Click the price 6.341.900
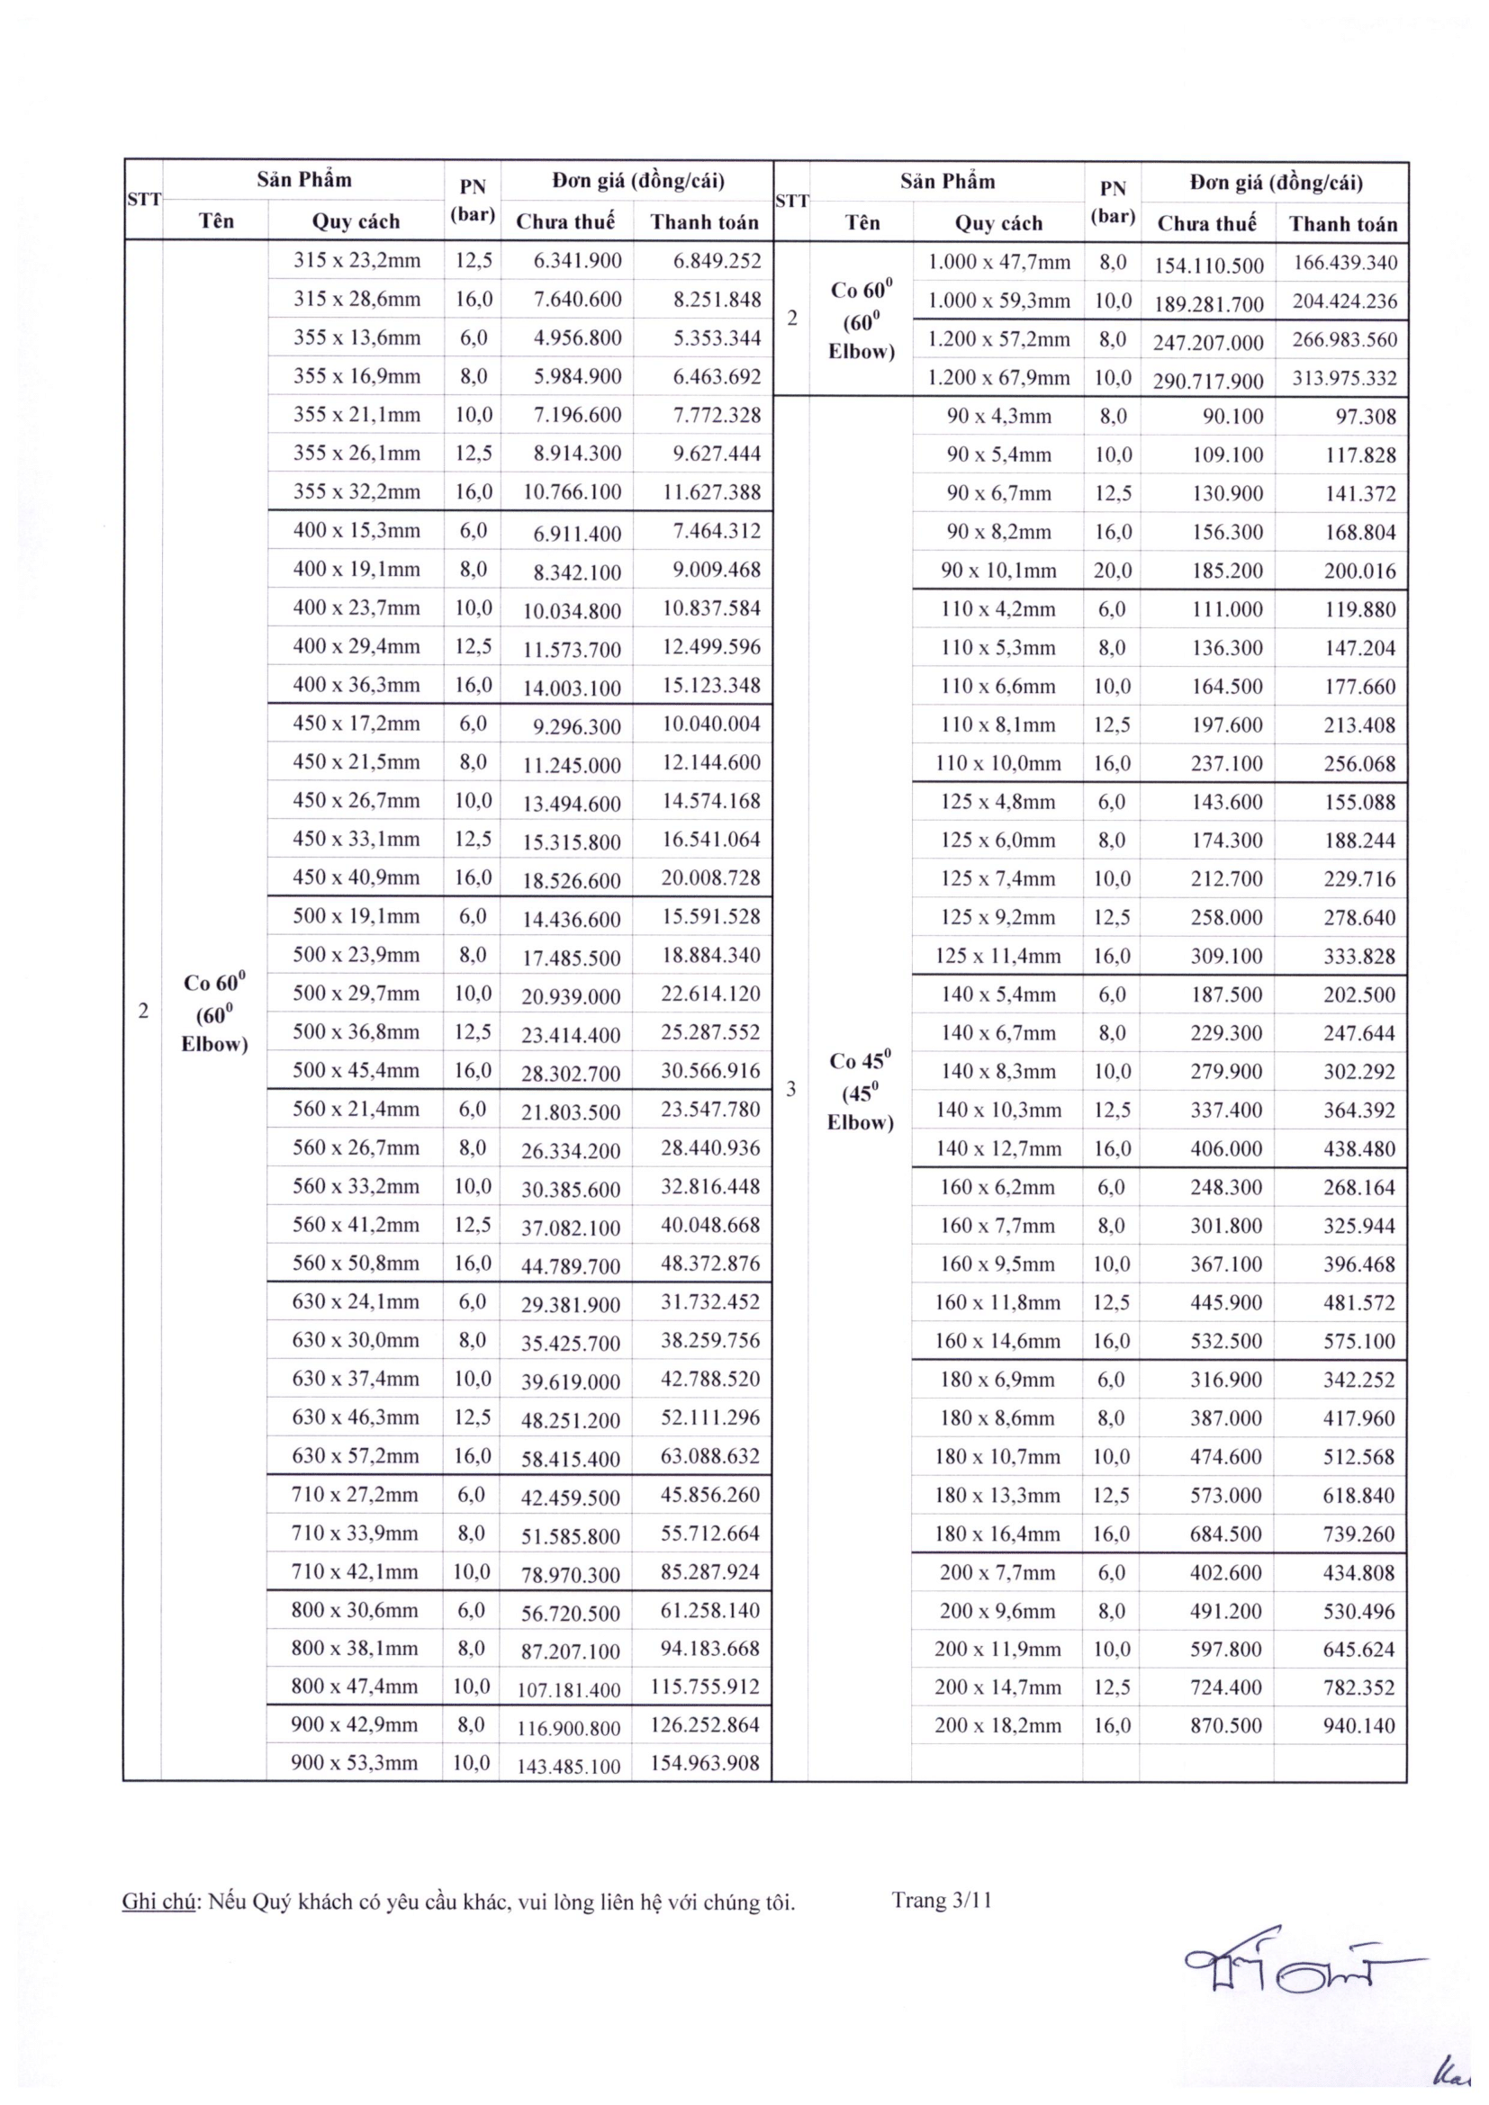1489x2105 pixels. pos(578,261)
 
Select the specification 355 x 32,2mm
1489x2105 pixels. pos(356,492)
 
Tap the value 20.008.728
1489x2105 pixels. pos(710,878)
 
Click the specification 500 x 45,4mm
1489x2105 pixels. pos(356,1071)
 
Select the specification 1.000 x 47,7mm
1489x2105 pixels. pos(998,263)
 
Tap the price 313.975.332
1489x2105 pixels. pos(1344,379)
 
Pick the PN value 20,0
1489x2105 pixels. pos(1112,571)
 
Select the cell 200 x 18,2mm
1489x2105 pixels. pos(997,1725)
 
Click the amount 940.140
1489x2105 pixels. pos(1358,1725)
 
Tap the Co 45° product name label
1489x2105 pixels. pos(860,1091)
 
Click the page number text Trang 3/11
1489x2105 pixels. pos(942,1901)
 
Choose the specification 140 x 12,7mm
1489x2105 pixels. pos(997,1148)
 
